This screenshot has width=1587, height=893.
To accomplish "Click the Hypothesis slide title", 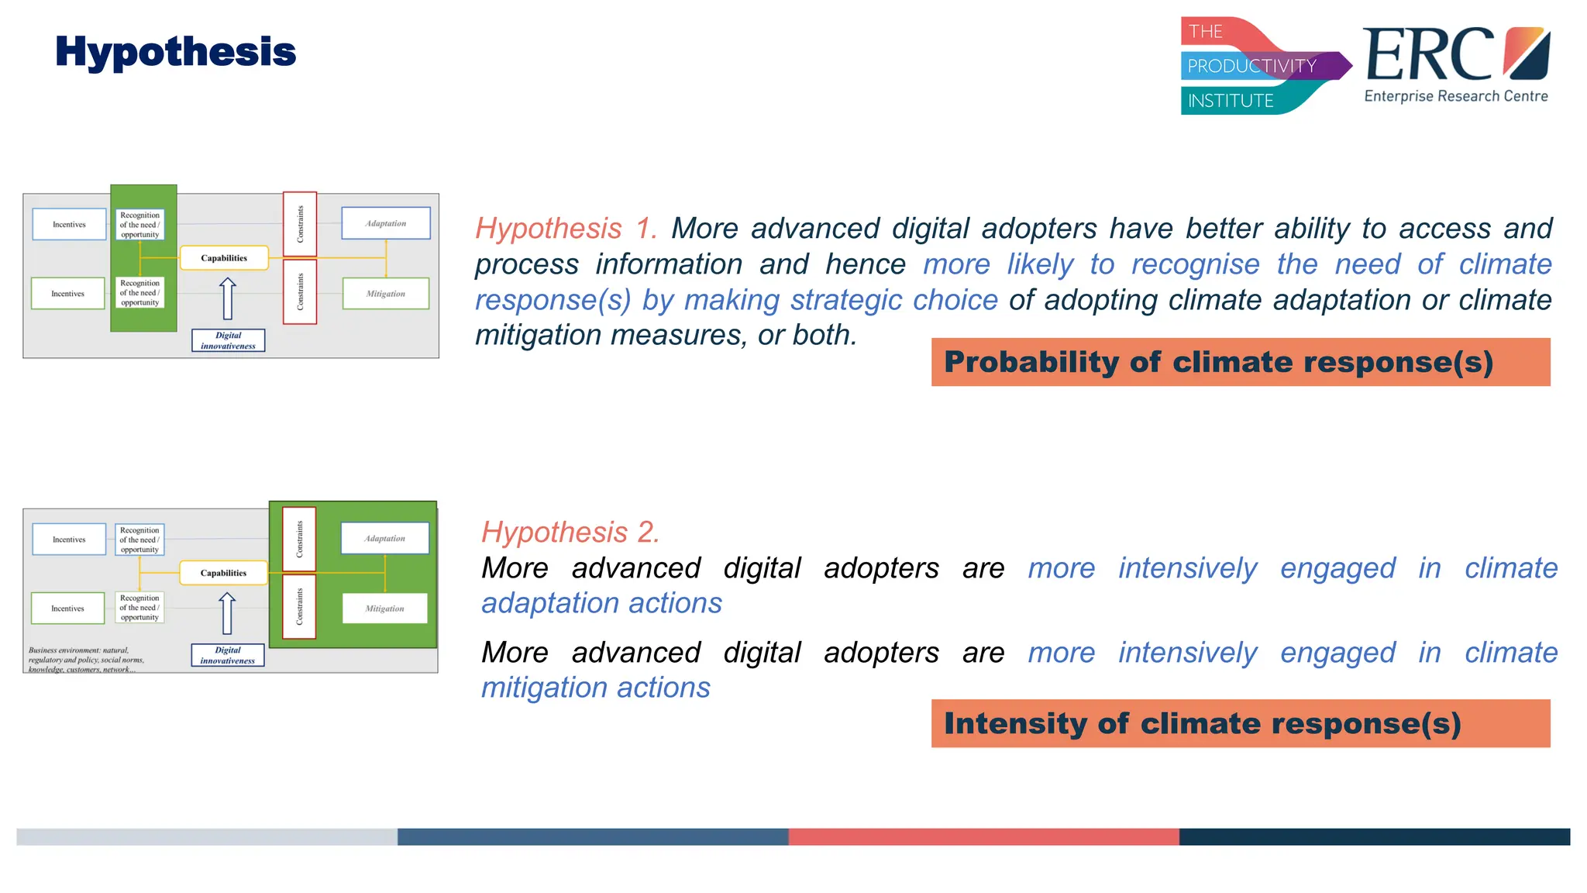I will pos(175,53).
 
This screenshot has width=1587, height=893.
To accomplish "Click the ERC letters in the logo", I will pos(1427,55).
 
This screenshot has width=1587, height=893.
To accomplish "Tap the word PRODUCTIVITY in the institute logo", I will pos(1251,66).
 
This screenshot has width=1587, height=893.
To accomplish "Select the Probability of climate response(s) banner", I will pos(1240,362).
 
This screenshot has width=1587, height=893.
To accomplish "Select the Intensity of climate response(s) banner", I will pos(1240,723).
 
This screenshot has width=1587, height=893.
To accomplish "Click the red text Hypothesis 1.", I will pos(566,229).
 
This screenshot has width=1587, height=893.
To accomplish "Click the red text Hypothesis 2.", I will pos(570,533).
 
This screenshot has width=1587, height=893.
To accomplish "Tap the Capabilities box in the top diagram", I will pos(224,258).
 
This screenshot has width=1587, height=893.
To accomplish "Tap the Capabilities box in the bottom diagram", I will pos(223,573).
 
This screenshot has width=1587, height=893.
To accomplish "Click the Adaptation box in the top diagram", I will pos(386,223).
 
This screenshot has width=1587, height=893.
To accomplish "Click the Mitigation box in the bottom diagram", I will pos(384,609).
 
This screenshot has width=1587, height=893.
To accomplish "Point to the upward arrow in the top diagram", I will pos(228,299).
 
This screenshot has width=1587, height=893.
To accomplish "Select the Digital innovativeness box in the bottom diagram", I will pos(228,655).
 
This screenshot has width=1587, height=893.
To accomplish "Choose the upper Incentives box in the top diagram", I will pos(69,224).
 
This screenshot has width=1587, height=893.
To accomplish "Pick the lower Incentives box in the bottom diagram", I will pos(67,609).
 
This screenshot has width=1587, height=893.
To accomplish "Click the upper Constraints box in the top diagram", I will pos(300,224).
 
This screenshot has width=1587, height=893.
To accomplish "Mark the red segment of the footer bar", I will pos(983,836).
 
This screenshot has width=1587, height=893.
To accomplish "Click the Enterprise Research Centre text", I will pos(1455,96).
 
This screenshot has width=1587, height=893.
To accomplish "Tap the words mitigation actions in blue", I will pos(595,688).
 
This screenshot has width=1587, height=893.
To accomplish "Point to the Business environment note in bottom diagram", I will pos(85,660).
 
